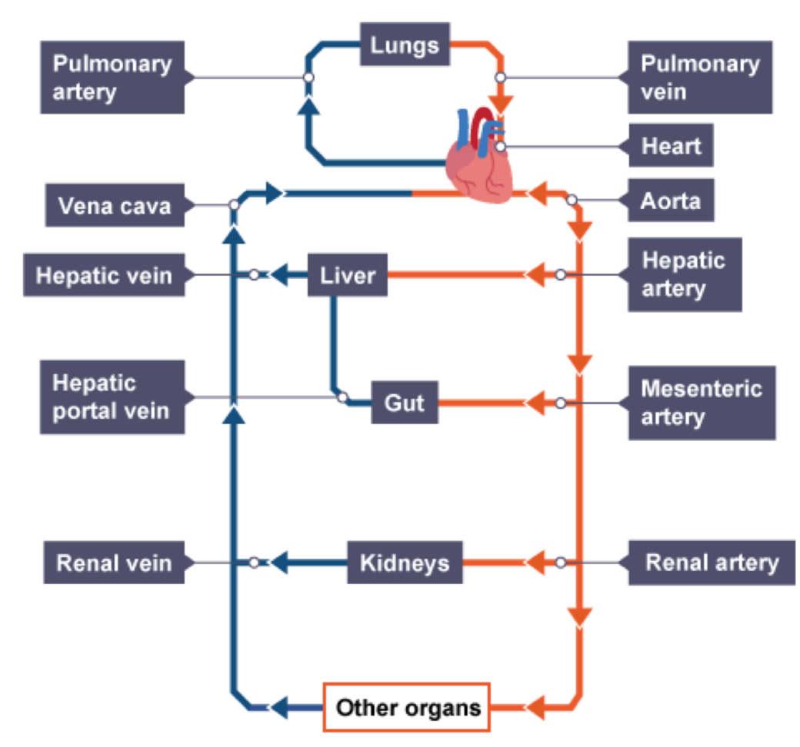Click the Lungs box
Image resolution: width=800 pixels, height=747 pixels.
[x=405, y=45]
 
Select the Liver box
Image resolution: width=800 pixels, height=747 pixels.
[x=347, y=275]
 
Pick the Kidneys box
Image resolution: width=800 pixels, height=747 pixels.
[x=405, y=563]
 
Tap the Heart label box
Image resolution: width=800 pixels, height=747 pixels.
[x=671, y=146]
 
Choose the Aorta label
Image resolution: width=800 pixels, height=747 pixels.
[x=671, y=202]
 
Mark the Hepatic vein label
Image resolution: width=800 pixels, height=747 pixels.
[x=104, y=275]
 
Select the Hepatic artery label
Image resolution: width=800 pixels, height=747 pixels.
[x=685, y=274]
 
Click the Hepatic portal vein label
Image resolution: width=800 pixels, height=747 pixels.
[x=112, y=397]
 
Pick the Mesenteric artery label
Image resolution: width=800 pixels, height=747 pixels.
[x=701, y=403]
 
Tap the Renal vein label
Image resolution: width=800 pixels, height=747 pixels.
[x=112, y=563]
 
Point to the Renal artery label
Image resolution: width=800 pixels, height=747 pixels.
[x=711, y=563]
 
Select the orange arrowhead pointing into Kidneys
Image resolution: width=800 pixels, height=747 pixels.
[x=536, y=563]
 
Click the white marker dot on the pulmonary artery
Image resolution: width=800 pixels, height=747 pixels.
[x=308, y=78]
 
